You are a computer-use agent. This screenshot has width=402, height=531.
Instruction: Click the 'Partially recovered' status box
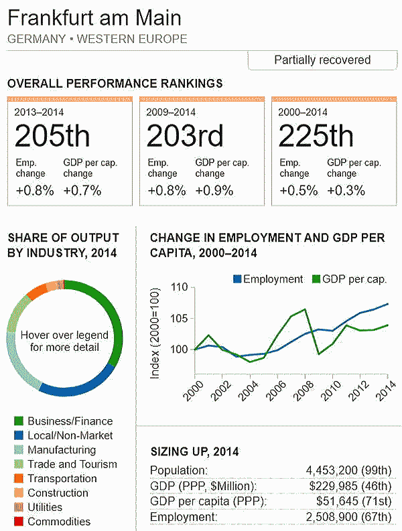pos(322,60)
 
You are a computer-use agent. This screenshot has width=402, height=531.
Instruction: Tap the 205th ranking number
pos(52,136)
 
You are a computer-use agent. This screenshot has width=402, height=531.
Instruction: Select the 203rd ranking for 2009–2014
pos(185,136)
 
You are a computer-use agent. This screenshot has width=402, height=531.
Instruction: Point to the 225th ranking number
pos(316,136)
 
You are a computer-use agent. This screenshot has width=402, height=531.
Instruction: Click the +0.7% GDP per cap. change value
pos(82,191)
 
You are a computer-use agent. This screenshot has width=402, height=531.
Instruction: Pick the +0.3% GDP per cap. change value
pos(346,191)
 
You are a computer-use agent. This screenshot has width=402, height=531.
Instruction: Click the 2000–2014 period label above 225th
pos(303,112)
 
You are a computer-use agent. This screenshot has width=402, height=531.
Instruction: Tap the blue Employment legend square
pos(237,279)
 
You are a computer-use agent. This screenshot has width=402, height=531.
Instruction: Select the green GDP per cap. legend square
pos(316,279)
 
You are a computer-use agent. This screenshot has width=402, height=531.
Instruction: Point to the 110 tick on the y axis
pos(180,287)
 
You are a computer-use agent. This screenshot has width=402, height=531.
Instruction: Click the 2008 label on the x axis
pos(304,390)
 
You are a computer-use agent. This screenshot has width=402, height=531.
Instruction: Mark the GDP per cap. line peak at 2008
pos(305,309)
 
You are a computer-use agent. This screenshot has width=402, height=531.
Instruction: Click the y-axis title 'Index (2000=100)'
pos(155,333)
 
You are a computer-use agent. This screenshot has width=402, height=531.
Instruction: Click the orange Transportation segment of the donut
pos(37,291)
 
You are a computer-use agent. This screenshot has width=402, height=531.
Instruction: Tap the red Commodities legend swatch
pos(19,522)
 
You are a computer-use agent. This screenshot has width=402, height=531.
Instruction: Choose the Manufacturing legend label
pos(62,450)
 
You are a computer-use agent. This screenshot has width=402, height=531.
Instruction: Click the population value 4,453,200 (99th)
pos(348,470)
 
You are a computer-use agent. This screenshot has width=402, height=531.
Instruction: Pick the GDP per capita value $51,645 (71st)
pos(354,501)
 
